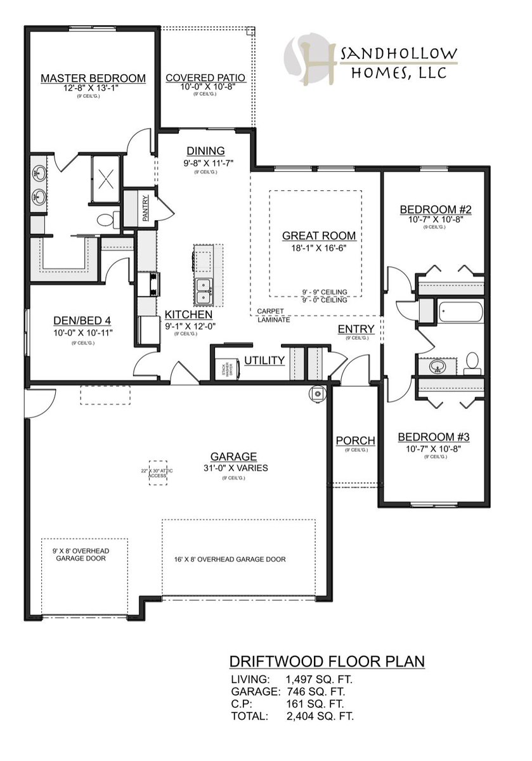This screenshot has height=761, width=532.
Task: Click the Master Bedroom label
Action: click(x=93, y=78)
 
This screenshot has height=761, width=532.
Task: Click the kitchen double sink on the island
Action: click(x=204, y=290)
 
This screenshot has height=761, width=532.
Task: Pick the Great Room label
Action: click(x=318, y=236)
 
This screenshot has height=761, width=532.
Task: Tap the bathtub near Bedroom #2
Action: click(x=459, y=312)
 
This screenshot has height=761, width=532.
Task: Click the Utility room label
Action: click(x=264, y=361)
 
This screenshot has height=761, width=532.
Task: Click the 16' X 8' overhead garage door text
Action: click(x=230, y=559)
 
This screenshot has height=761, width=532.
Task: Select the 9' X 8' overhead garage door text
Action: click(x=75, y=556)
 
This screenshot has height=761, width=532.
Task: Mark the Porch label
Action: click(x=355, y=441)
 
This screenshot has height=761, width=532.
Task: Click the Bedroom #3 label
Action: click(x=432, y=437)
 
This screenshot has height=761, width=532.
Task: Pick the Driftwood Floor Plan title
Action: click(x=327, y=661)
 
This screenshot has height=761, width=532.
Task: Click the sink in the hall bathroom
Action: click(x=438, y=366)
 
